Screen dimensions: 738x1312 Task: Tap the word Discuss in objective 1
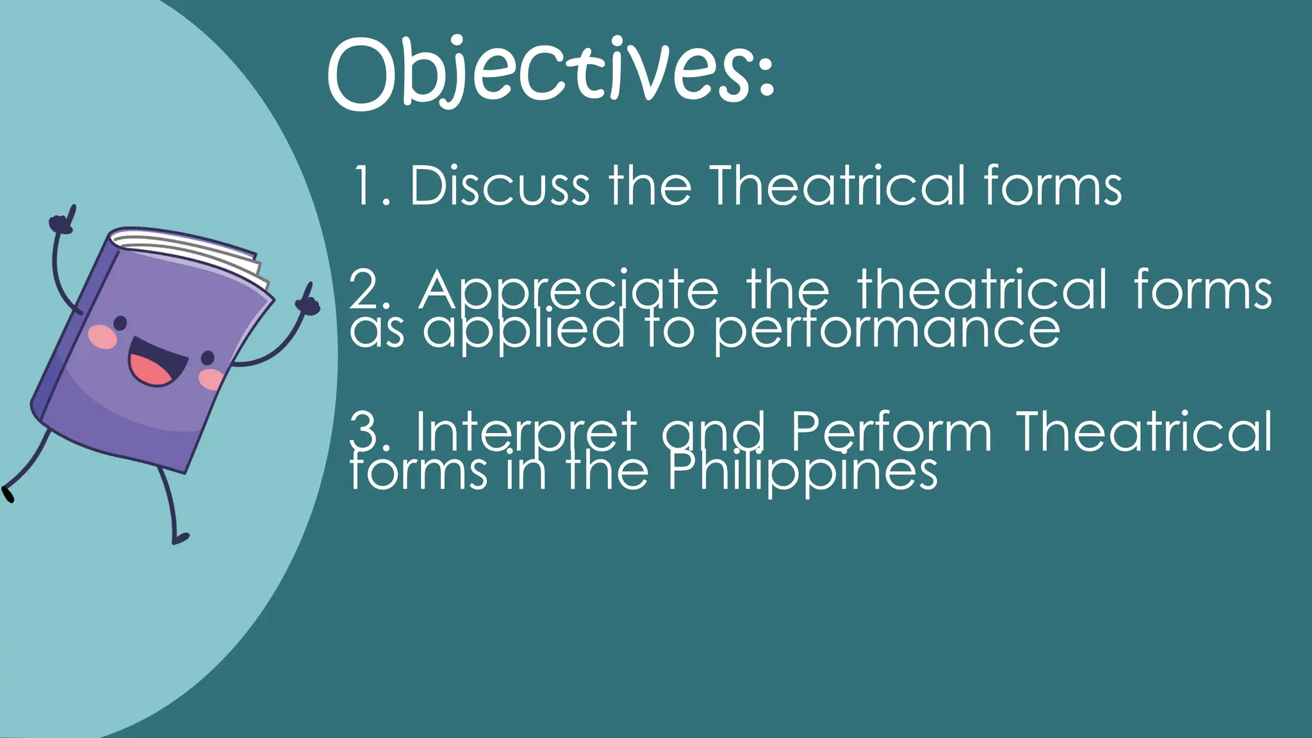point(499,186)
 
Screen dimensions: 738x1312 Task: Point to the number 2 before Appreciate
point(366,290)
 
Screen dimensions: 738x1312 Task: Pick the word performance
point(887,331)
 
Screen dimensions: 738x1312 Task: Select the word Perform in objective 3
point(891,432)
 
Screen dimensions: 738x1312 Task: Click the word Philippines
point(802,473)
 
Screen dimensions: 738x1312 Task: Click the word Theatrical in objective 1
point(837,186)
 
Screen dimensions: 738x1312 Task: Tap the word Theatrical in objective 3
point(1144,432)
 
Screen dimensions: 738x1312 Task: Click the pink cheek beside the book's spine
point(102,336)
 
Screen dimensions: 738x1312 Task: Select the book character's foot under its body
point(180,539)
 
